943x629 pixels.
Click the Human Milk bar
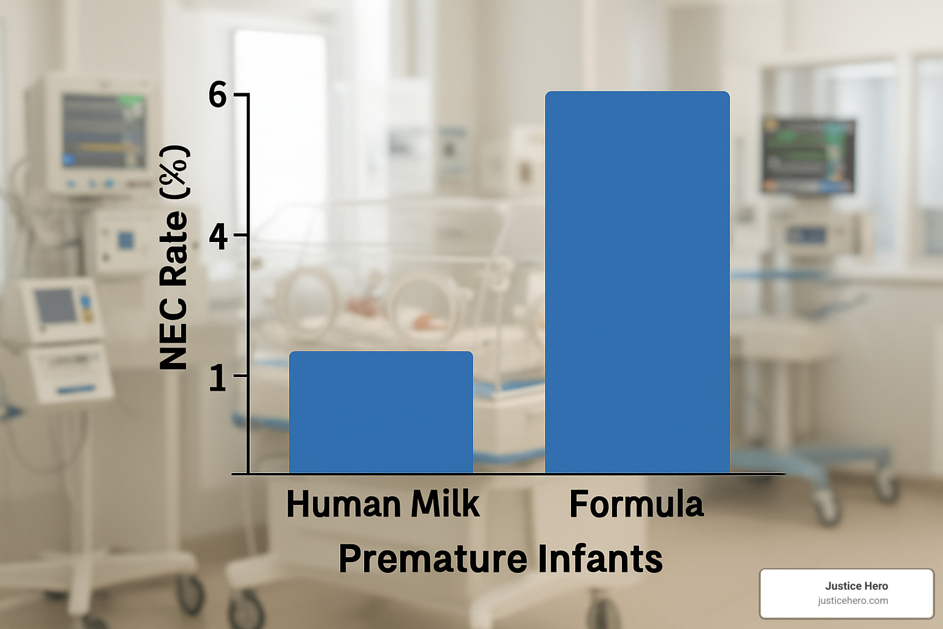tap(381, 412)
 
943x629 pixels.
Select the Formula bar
tap(637, 283)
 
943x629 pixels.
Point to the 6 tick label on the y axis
tap(217, 96)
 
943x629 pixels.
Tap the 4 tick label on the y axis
tap(218, 236)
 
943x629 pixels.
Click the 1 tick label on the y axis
tap(217, 377)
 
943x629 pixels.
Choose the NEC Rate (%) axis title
tap(174, 258)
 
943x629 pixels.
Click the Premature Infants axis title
tap(500, 558)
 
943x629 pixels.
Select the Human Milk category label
tap(382, 504)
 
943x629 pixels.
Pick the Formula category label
tap(636, 504)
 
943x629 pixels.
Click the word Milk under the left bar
tap(445, 504)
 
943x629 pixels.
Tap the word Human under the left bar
tap(343, 504)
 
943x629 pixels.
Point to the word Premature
tap(432, 558)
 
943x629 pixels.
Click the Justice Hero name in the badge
tap(856, 586)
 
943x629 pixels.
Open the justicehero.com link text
tap(853, 601)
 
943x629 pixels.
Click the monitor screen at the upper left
tap(103, 130)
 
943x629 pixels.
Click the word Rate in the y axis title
tap(174, 249)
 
